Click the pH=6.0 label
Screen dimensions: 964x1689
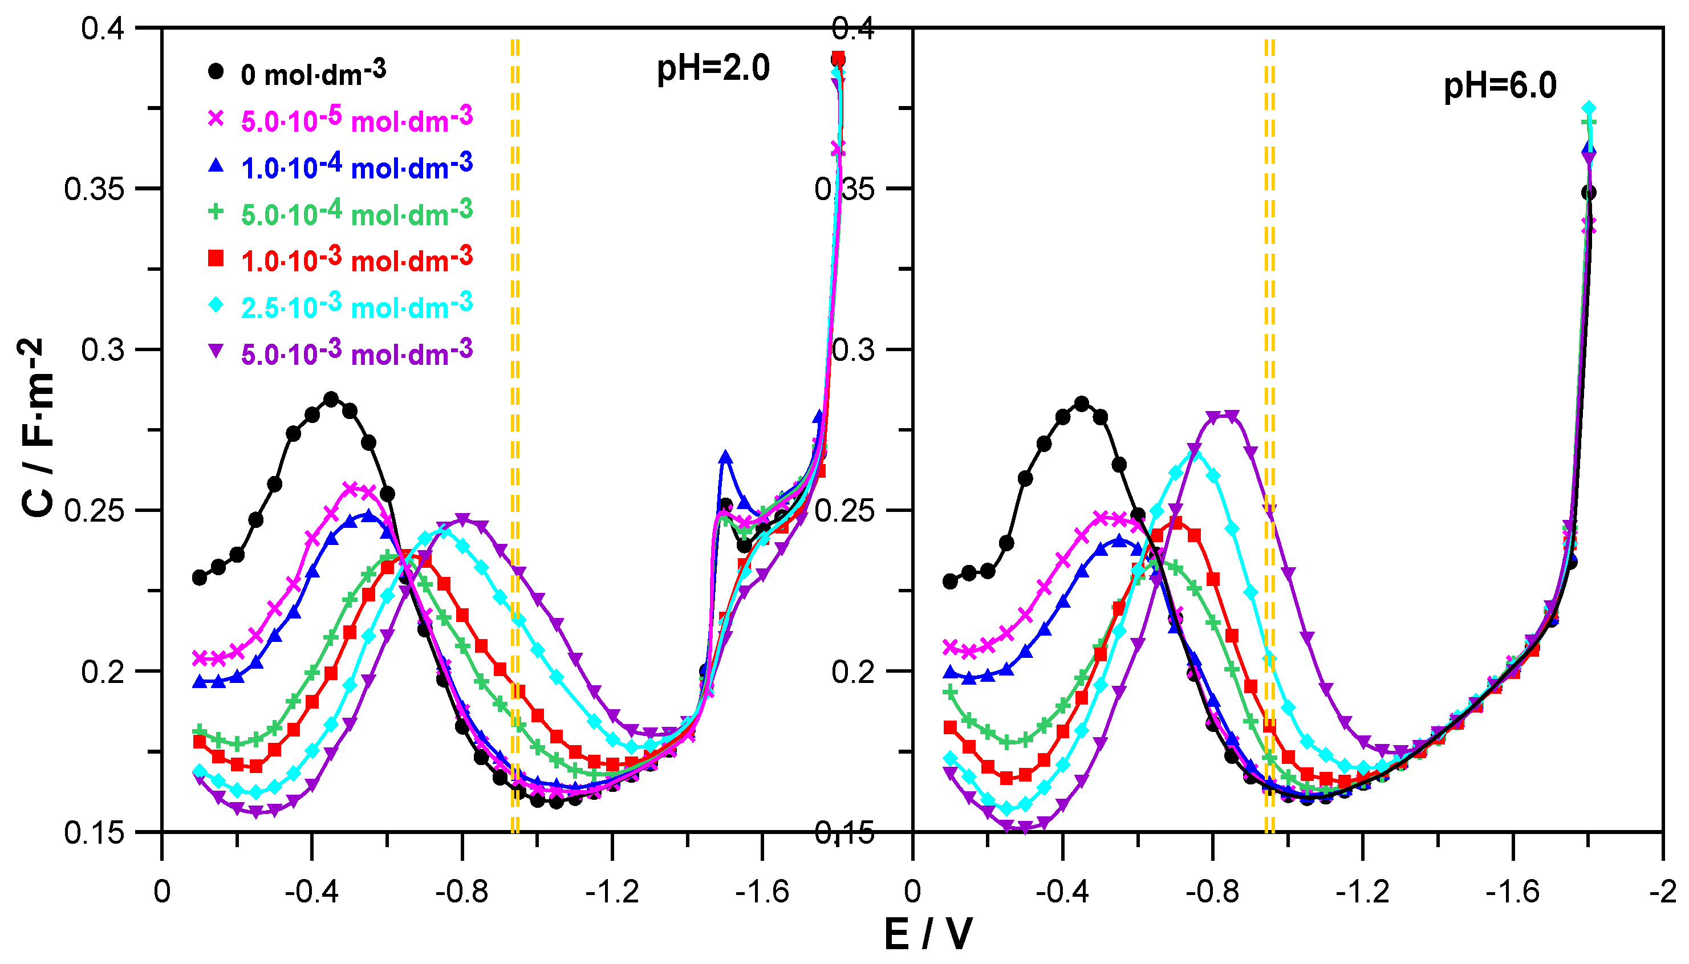[x=1500, y=86]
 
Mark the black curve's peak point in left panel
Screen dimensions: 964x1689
[x=331, y=398]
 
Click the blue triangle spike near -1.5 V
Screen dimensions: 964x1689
[x=726, y=457]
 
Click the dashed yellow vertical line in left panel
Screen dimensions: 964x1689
[x=515, y=430]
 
